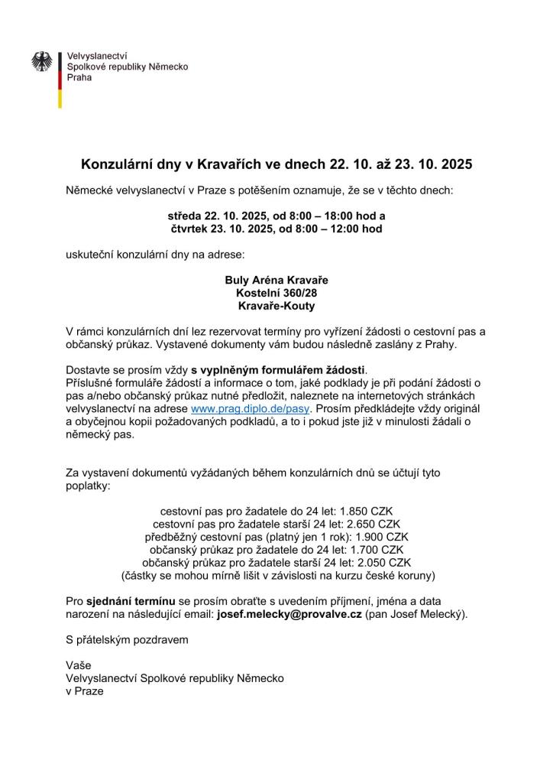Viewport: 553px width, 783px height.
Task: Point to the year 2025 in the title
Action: [456, 164]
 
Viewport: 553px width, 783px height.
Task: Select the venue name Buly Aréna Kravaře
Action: [276, 281]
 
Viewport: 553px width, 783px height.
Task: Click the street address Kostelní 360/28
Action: [276, 293]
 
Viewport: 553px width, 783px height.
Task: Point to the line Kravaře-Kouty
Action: [276, 306]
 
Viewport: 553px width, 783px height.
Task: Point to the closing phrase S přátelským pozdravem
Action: [126, 638]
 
